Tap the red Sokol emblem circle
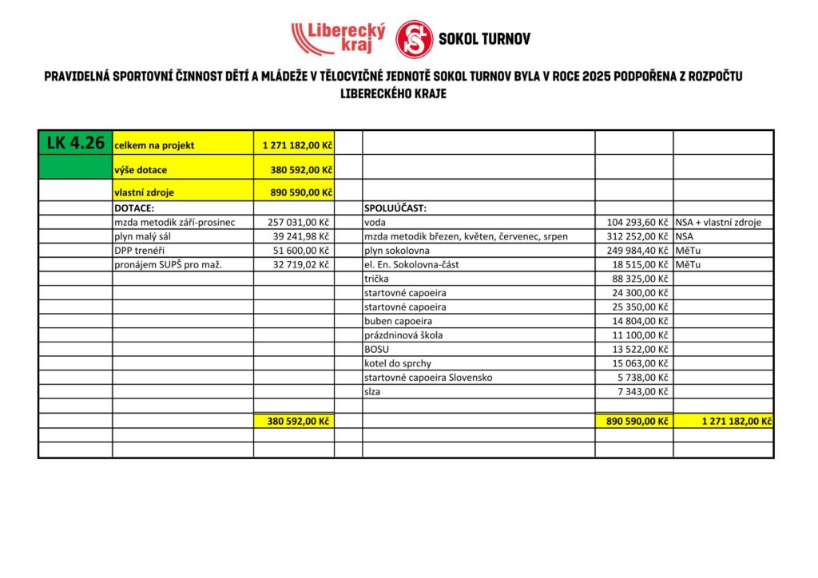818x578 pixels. coord(415,39)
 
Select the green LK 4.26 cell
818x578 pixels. coord(75,144)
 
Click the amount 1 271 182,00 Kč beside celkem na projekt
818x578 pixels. coord(297,145)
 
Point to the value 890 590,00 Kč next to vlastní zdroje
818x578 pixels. coord(297,192)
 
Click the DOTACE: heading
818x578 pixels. coord(134,208)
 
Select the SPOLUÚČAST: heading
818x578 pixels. coord(395,208)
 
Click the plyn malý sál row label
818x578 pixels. coord(145,237)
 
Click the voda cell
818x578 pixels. coord(375,223)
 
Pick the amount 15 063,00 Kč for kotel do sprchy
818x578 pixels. coord(640,363)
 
